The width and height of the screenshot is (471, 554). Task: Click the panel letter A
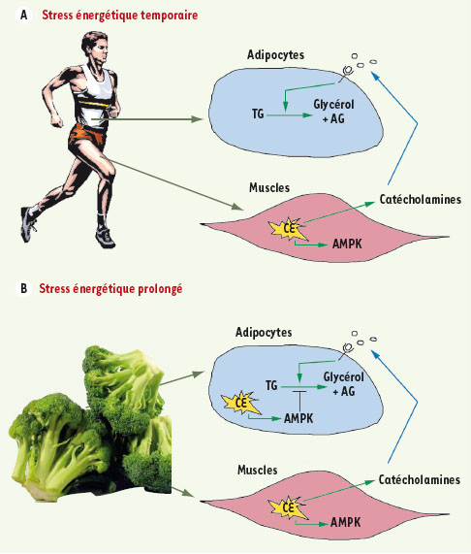click(x=23, y=16)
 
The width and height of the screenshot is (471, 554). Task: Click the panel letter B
click(x=23, y=289)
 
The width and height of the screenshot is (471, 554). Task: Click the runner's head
click(x=95, y=48)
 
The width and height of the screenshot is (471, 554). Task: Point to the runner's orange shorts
click(x=87, y=136)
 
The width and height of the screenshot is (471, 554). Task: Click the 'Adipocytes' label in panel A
click(x=275, y=55)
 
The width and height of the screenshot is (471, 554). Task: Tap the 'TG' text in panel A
click(x=258, y=114)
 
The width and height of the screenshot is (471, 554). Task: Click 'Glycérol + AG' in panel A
click(x=333, y=112)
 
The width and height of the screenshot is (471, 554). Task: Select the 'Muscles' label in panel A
click(x=269, y=187)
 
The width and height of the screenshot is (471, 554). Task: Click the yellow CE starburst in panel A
click(x=288, y=229)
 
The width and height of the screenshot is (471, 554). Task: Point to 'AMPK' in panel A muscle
click(x=347, y=244)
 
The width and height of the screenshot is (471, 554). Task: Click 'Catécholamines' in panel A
click(x=421, y=199)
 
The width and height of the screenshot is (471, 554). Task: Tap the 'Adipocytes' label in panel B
click(x=264, y=333)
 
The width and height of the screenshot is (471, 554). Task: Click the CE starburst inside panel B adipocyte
click(x=241, y=403)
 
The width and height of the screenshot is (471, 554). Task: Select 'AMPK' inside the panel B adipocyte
click(x=298, y=419)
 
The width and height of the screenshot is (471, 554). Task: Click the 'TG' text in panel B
click(x=271, y=385)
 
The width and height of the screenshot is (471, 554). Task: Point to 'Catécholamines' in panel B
click(x=419, y=480)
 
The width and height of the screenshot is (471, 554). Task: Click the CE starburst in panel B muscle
click(x=288, y=508)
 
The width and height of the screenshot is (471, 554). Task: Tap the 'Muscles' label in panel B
click(x=258, y=470)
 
